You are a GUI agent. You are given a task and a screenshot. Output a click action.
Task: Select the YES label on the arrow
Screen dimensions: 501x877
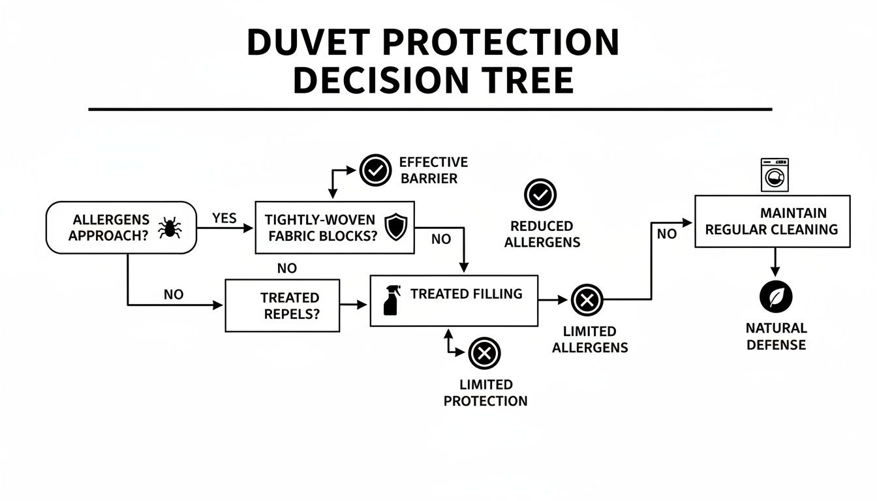point(224,218)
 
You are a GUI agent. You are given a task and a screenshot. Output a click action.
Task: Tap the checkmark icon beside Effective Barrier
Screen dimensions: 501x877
point(375,170)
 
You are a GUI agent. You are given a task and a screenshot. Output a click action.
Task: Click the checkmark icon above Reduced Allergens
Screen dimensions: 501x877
point(540,194)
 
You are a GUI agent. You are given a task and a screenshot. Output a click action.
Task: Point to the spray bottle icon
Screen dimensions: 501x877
point(391,301)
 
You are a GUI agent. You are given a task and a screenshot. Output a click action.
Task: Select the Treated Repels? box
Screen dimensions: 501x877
point(282,305)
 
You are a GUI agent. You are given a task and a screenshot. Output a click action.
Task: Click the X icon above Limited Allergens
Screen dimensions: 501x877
point(587,300)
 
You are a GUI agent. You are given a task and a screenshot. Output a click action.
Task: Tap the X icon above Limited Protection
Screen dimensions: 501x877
point(484,354)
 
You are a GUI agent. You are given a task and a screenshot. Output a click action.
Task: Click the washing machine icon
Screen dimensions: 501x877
point(775,175)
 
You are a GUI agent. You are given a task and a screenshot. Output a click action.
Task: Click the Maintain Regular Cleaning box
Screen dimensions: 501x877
point(772,221)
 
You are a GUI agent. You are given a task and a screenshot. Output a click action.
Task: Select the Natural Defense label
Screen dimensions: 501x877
point(776,336)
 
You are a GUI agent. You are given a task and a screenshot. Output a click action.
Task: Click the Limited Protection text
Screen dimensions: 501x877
point(485,393)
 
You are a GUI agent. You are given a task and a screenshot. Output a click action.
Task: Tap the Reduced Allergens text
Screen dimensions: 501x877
point(542,234)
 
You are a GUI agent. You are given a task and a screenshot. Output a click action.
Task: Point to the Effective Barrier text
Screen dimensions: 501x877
point(433,170)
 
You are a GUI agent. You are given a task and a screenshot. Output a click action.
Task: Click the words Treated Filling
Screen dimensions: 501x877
point(466,294)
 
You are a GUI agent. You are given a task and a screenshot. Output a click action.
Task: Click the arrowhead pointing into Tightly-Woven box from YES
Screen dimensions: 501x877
point(249,228)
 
